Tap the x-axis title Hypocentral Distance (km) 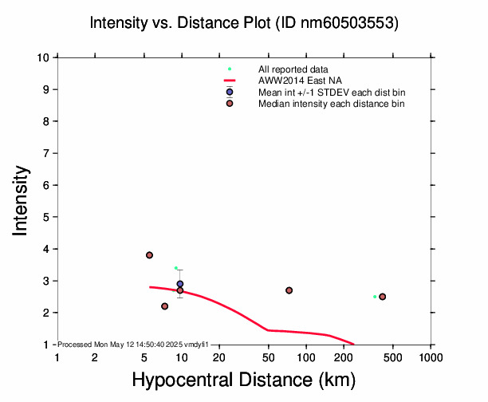[244, 380]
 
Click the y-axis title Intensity [20, 200]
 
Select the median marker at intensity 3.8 [149, 255]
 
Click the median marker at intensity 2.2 [164, 306]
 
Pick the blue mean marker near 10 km [180, 284]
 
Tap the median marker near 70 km [289, 290]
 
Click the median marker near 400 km [383, 297]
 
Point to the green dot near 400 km [375, 297]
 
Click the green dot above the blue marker [176, 268]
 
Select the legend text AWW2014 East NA [300, 81]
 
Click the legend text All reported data [293, 69]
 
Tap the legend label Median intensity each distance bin [332, 104]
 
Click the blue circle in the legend [230, 92]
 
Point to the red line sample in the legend [230, 81]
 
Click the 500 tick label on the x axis [393, 357]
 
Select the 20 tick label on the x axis [219, 357]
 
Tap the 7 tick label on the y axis [46, 153]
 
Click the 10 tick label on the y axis [43, 57]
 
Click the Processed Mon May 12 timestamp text [133, 345]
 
